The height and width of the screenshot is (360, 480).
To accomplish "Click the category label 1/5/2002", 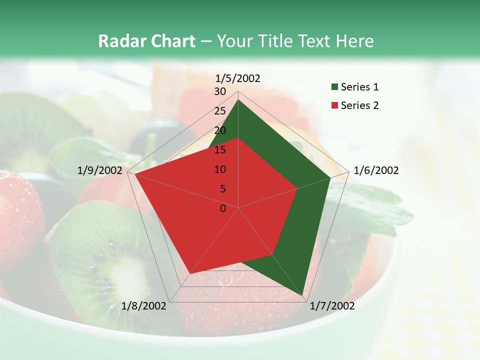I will pos(238,78).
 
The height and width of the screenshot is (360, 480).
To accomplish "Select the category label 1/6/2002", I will pos(376,170).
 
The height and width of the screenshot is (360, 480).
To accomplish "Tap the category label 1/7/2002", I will pos(332,306).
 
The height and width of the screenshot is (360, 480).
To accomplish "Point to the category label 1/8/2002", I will pos(143,306).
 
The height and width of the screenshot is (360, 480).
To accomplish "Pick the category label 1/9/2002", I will pos(100,170).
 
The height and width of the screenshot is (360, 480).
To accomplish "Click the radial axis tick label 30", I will pos(220,91).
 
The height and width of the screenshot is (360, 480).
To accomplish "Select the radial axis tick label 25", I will pos(220,111).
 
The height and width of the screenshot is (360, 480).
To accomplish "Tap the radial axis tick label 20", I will pos(220,130).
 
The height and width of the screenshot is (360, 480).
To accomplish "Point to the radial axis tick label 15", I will pos(220,150).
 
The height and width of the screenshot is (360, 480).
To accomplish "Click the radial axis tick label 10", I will pos(220,169).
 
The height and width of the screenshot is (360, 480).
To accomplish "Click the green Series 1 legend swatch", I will pos(334,87).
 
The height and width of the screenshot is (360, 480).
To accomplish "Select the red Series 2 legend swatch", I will pos(334,105).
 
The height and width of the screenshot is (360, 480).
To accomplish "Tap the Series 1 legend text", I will pos(359,87).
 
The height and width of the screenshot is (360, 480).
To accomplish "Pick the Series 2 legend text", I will pos(359,105).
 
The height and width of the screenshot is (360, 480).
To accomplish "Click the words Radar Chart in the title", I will pos(146,41).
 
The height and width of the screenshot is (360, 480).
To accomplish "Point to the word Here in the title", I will pos(354,41).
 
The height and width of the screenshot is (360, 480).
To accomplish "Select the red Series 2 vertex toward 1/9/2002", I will pos(134,174).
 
